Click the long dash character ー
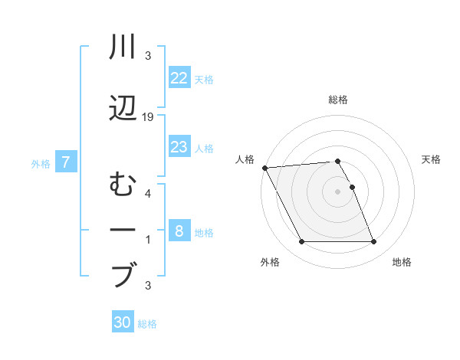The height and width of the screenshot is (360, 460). tap(123, 229)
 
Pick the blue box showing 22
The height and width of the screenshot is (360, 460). tap(179, 78)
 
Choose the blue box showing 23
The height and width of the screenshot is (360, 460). tap(179, 148)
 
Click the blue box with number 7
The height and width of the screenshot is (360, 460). tap(67, 162)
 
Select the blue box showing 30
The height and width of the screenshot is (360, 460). tap(123, 322)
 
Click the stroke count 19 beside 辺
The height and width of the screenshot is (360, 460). tap(149, 116)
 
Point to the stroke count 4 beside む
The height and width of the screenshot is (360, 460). tap(148, 193)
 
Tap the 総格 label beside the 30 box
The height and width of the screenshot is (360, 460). tap(147, 324)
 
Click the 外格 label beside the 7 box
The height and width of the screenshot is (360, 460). tap(41, 163)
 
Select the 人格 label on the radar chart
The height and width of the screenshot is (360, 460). tap(243, 159)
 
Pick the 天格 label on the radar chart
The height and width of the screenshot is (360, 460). tap(432, 159)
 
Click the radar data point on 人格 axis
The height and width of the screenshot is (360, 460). tap(264, 168)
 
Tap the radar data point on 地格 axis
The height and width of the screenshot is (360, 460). tap(374, 242)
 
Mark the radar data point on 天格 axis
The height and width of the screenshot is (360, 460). tap(352, 187)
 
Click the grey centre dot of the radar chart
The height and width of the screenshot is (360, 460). tap(337, 191)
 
